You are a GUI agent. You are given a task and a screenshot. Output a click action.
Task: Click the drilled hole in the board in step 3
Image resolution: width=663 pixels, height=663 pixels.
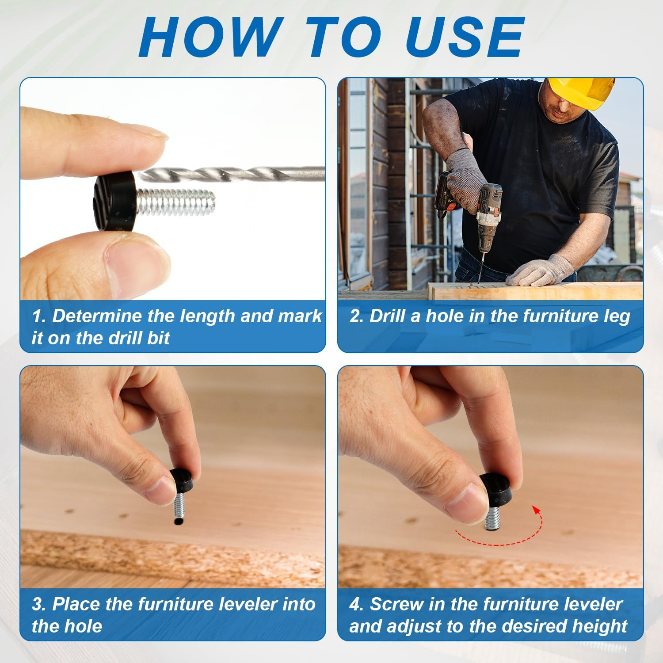click(x=178, y=522)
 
